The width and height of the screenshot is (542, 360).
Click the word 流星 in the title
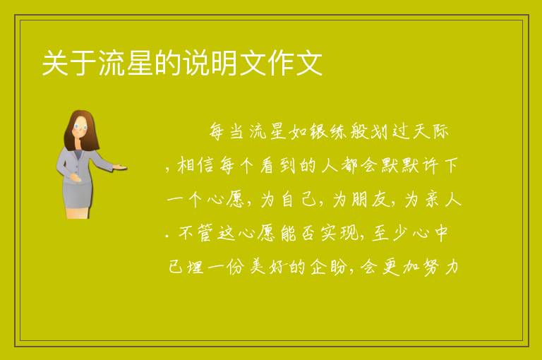pyautogui.click(x=126, y=64)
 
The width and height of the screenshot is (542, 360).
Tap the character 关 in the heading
pyautogui.click(x=56, y=64)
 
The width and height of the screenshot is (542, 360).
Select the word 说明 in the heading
pyautogui.click(x=211, y=64)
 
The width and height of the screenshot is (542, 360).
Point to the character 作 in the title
pyautogui.click(x=281, y=64)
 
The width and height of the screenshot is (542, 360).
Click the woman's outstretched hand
pyautogui.click(x=120, y=167)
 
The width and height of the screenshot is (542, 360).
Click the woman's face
pyautogui.click(x=80, y=127)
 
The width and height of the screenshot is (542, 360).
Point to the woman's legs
pyautogui.click(x=78, y=213)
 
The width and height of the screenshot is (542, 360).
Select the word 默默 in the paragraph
pyautogui.click(x=401, y=165)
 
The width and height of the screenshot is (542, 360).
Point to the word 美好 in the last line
pyautogui.click(x=267, y=267)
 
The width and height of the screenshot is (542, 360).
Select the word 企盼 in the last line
pyautogui.click(x=329, y=267)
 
